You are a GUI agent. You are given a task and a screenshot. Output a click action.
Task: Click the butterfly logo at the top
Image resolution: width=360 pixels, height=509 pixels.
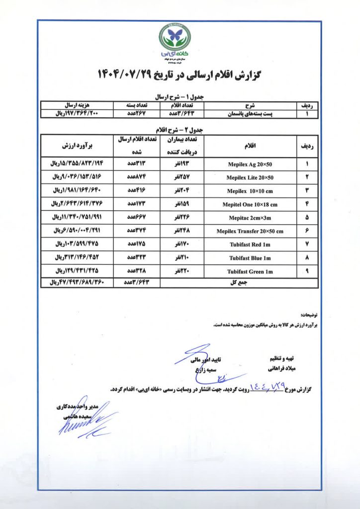click(x=175, y=36)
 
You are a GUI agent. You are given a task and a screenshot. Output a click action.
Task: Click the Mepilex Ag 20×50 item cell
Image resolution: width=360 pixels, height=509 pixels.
click(x=250, y=164)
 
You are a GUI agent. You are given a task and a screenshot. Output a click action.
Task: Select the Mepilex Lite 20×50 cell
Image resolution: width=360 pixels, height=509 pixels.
click(x=250, y=177)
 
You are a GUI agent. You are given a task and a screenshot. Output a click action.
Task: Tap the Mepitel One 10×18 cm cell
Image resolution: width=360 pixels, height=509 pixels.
click(x=250, y=204)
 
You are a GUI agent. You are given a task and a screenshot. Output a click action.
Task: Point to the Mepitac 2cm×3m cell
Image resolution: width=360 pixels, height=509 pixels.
click(x=250, y=218)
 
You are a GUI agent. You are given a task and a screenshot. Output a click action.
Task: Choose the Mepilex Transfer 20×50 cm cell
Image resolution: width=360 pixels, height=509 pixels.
click(x=250, y=231)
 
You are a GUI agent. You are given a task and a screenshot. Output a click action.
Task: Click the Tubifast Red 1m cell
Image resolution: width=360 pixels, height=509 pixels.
click(x=250, y=245)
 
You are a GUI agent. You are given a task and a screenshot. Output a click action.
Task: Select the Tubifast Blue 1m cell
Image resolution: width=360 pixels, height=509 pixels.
click(x=250, y=258)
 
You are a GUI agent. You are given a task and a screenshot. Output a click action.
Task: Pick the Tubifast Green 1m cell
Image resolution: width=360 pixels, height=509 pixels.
click(x=250, y=271)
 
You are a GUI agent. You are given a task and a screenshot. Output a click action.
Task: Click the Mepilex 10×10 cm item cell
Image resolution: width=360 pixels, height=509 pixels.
click(x=250, y=191)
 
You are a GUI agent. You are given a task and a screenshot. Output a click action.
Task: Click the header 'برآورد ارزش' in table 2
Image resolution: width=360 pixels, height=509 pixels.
click(x=78, y=146)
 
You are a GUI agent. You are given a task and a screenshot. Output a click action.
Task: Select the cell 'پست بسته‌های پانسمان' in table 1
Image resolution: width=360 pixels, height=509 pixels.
click(x=250, y=114)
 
